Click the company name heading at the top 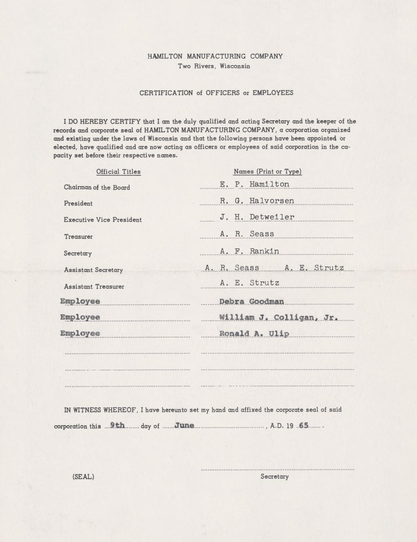click(x=215, y=56)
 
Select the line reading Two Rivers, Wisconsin click(x=214, y=66)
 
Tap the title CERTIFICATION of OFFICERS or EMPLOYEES click(x=216, y=93)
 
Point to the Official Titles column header click(x=118, y=172)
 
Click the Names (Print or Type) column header click(x=267, y=172)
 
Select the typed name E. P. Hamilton click(x=254, y=184)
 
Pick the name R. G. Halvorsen click(x=257, y=201)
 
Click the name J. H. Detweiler click(x=257, y=217)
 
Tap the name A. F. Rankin click(x=249, y=251)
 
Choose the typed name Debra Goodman click(x=251, y=302)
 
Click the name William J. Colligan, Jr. click(x=278, y=317)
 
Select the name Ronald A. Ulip click(x=254, y=333)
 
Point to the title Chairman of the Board click(x=97, y=187)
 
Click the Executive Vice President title click(x=102, y=220)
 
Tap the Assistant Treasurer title click(x=94, y=287)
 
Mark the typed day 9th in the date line click(x=117, y=425)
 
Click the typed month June click(x=184, y=425)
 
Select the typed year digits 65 click(x=304, y=425)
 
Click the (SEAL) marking click(x=83, y=477)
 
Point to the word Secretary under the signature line click(x=274, y=476)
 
